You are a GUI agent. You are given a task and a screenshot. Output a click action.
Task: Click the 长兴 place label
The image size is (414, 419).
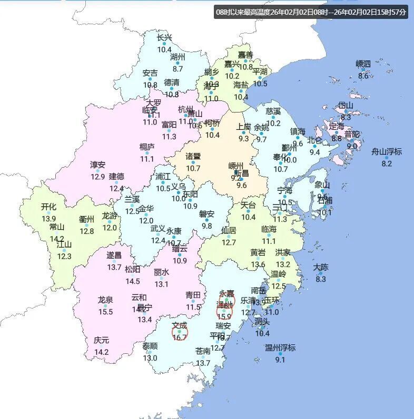tap(165, 38)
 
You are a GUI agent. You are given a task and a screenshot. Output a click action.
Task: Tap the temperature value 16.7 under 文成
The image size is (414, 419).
tap(180, 338)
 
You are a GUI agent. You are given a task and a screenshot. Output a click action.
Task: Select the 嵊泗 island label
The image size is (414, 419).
tap(363, 64)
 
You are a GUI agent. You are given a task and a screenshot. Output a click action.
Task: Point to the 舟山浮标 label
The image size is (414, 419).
tap(387, 152)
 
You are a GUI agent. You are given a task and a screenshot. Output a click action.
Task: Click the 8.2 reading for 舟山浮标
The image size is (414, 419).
tap(387, 163)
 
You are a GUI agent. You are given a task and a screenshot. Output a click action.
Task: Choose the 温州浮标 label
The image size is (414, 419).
tap(280, 348)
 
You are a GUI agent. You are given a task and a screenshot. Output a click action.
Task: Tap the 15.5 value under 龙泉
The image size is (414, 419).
tap(105, 312)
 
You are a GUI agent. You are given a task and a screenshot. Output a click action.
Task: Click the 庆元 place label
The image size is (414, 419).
tap(102, 341)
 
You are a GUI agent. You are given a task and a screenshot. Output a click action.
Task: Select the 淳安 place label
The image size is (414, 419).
tap(97, 165)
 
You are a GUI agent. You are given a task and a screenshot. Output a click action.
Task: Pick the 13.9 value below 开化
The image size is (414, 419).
tap(49, 219)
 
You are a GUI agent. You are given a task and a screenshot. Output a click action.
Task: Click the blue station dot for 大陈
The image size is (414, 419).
tap(320, 273)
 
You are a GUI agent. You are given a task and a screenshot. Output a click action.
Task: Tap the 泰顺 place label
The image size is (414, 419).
tap(150, 346)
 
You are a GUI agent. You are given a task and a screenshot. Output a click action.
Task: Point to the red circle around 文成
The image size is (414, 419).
tap(180, 331)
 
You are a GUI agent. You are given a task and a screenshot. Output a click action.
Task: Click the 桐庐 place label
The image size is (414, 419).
tap(147, 147)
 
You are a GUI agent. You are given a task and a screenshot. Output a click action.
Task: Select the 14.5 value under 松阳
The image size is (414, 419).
tap(133, 281)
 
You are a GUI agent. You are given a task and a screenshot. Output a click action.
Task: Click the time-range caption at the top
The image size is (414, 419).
tap(311, 12)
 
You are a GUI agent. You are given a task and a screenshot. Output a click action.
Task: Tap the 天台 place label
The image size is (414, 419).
tap(248, 205)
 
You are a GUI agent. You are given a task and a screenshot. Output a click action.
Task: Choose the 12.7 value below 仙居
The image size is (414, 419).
tap(229, 242)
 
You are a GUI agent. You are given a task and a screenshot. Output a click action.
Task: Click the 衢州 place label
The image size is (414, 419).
tap(86, 219)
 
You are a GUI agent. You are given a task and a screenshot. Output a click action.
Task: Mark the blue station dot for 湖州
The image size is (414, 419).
tap(178, 63)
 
